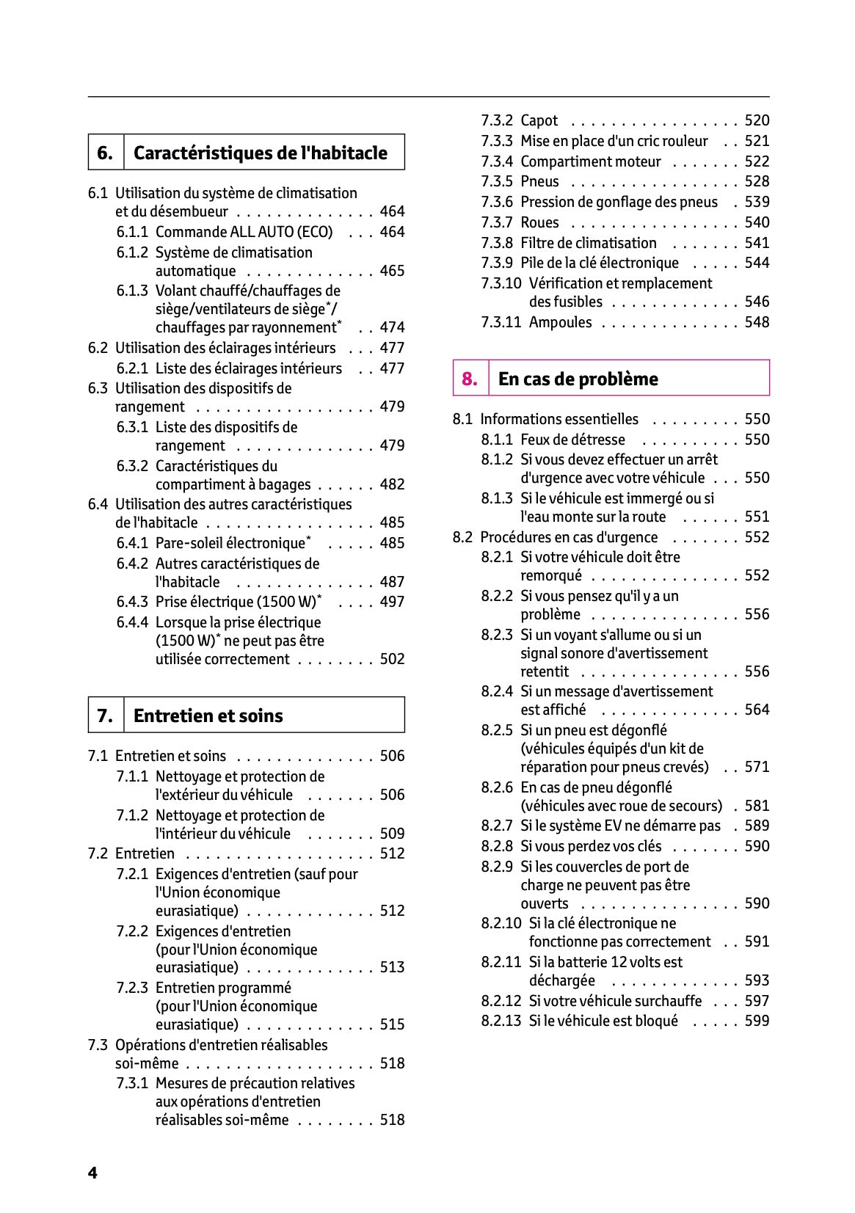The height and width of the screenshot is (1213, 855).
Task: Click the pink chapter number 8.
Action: click(x=470, y=379)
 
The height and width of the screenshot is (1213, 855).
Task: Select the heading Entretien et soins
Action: click(x=208, y=715)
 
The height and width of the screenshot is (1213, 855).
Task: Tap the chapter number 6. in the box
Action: click(x=105, y=153)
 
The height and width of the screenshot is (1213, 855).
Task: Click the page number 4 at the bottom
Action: click(x=92, y=1173)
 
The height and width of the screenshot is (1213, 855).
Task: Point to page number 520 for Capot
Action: click(x=757, y=120)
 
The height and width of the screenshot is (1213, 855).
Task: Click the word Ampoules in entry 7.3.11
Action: click(x=560, y=322)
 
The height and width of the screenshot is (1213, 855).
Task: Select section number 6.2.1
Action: click(x=132, y=368)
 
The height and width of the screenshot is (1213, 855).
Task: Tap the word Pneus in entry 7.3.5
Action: click(x=539, y=181)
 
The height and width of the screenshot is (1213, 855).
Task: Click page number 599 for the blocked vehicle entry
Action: click(x=757, y=1021)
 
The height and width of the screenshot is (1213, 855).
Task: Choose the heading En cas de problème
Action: click(x=578, y=379)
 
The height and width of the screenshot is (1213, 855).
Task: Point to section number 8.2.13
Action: click(x=501, y=1021)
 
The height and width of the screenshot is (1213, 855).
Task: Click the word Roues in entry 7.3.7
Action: click(x=539, y=222)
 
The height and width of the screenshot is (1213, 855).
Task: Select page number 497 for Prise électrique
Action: click(x=392, y=602)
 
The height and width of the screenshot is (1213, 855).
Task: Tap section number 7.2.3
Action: click(x=132, y=988)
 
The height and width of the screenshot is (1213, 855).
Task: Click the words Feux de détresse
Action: click(x=572, y=440)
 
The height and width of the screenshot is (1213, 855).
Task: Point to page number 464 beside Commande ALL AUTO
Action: click(x=392, y=232)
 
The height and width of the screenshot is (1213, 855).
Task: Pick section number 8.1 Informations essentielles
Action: click(x=462, y=419)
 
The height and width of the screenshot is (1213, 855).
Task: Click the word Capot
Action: click(x=539, y=120)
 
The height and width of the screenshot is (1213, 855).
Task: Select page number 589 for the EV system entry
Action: click(x=757, y=826)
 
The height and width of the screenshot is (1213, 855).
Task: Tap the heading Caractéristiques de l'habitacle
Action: click(x=260, y=153)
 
